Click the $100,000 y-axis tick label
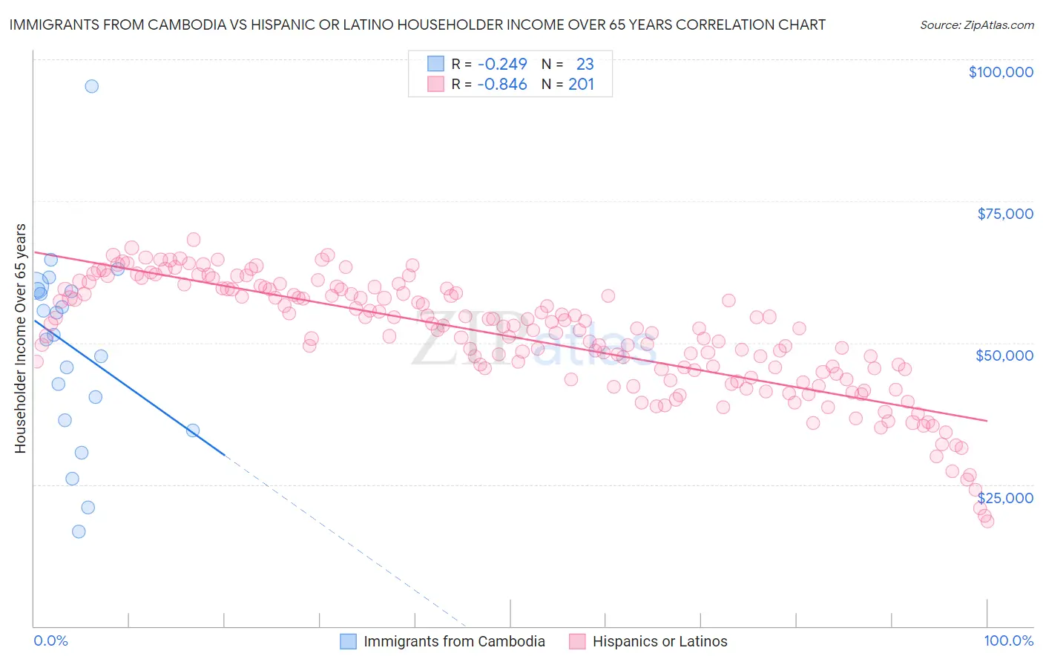(x=1000, y=72)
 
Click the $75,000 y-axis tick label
(x=1004, y=214)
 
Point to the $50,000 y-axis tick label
(x=1004, y=355)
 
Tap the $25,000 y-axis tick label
(x=1004, y=497)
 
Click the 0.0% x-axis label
(x=50, y=640)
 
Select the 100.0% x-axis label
(x=1008, y=640)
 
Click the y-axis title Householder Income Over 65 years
(x=21, y=338)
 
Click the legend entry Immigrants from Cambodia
(x=454, y=641)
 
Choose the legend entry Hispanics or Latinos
(x=659, y=641)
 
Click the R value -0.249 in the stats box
(x=502, y=64)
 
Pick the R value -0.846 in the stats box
(x=502, y=85)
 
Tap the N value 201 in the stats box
(x=582, y=85)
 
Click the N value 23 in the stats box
(x=585, y=64)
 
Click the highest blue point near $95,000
(x=91, y=86)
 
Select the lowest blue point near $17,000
(x=79, y=531)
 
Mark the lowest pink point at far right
(x=987, y=521)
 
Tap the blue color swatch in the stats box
(x=435, y=64)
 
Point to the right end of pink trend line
(x=987, y=421)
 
